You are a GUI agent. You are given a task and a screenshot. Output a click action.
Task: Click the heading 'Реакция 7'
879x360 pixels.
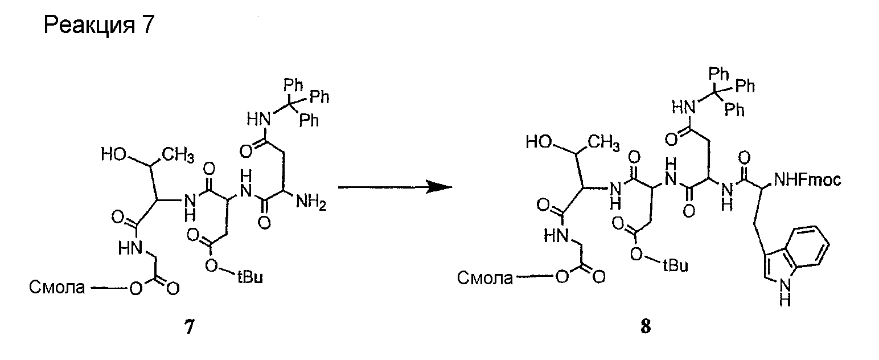(99, 24)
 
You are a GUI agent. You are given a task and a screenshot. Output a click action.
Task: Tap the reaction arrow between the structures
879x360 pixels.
(395, 187)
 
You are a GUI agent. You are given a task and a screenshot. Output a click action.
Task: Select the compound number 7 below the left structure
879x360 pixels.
(190, 326)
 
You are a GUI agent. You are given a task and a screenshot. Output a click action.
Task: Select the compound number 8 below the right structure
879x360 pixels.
(645, 326)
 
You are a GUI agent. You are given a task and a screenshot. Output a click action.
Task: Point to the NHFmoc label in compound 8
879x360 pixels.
(807, 179)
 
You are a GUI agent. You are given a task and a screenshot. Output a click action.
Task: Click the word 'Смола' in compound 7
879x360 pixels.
(57, 287)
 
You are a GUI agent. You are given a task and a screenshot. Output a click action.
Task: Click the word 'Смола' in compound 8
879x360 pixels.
(485, 278)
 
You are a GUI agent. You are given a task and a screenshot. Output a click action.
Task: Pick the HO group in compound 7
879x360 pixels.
(114, 154)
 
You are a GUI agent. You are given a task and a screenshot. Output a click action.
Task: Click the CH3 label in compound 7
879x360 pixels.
(178, 156)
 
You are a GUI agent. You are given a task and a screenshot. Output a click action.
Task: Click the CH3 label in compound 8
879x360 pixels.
(603, 143)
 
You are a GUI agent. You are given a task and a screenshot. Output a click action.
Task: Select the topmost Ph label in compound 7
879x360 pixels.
(293, 84)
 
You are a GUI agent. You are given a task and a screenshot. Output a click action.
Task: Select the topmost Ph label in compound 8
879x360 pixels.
(719, 73)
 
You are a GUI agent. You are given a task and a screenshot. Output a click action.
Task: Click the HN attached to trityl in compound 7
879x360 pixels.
(260, 118)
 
